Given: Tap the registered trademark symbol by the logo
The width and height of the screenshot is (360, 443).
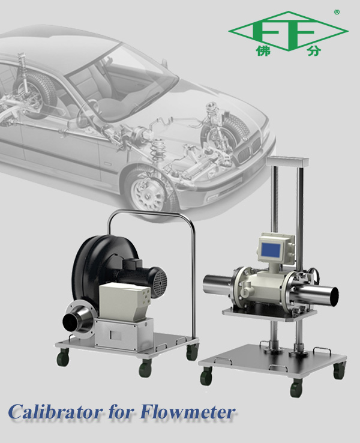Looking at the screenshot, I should coord(337,12).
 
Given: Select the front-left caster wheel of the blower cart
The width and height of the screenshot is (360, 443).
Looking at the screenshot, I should coord(62,359).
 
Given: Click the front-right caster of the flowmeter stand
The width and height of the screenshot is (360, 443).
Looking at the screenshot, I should coord(296,388).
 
